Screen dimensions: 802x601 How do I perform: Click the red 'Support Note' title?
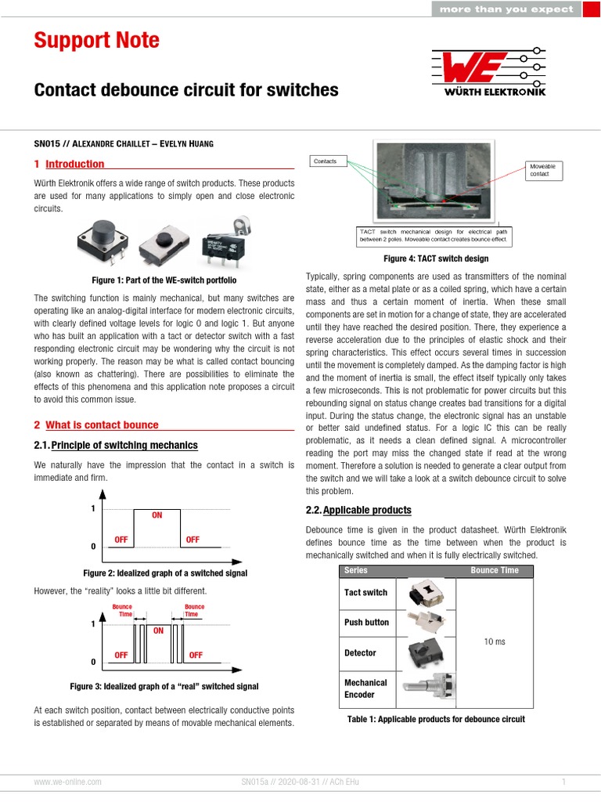click(x=96, y=41)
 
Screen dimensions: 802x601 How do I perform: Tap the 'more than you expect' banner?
click(x=506, y=9)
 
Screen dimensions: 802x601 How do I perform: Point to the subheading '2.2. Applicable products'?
click(x=358, y=510)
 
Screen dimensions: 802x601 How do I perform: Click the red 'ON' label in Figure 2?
click(x=157, y=515)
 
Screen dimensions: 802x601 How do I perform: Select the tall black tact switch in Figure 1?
click(x=99, y=240)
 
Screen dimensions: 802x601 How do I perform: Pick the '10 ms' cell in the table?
click(x=495, y=641)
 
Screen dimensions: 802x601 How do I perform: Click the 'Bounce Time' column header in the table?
click(x=495, y=570)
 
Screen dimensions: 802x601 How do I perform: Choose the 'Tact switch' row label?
click(x=365, y=593)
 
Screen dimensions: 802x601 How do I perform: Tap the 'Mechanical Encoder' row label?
click(x=365, y=688)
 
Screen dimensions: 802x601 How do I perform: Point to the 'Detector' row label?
click(x=360, y=652)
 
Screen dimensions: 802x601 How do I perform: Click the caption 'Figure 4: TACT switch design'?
click(x=435, y=258)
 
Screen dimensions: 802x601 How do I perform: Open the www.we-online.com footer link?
click(x=67, y=782)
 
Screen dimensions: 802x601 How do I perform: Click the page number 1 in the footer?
click(x=563, y=782)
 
